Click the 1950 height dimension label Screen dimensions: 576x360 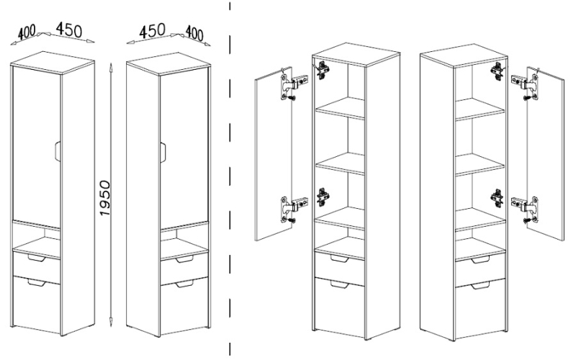click(x=104, y=198)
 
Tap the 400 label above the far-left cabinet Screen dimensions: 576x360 click(x=27, y=32)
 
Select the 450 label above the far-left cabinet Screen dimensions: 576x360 click(x=69, y=30)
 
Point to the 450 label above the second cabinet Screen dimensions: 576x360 click(x=153, y=30)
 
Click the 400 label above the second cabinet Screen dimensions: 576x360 click(x=194, y=33)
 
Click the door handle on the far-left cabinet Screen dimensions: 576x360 click(x=57, y=150)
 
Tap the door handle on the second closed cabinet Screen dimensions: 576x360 click(x=163, y=151)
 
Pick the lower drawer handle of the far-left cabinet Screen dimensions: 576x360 click(x=36, y=282)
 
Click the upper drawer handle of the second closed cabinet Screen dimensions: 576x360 click(x=184, y=259)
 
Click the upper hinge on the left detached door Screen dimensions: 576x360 click(x=293, y=85)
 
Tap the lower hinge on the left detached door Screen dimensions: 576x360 click(x=293, y=208)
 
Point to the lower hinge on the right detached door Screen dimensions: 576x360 click(x=526, y=207)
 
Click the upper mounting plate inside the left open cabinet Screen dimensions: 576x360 click(x=323, y=70)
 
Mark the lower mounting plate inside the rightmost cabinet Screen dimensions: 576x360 click(x=497, y=199)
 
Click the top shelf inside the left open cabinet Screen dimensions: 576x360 click(x=340, y=108)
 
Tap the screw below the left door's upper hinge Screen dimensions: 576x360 click(x=292, y=98)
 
